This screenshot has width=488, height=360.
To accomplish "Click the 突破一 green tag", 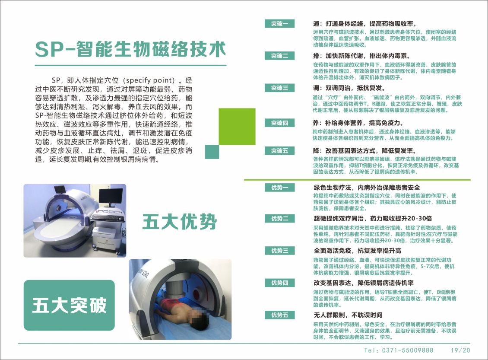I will pyautogui.click(x=279, y=24).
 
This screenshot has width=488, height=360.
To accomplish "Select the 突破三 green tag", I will pyautogui.click(x=279, y=88).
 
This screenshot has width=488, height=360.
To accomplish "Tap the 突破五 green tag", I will pyautogui.click(x=279, y=151).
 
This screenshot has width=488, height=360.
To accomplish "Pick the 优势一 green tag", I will pyautogui.click(x=279, y=188).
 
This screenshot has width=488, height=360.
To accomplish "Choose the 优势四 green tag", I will pyautogui.click(x=279, y=283).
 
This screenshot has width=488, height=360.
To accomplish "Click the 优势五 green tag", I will pyautogui.click(x=279, y=315).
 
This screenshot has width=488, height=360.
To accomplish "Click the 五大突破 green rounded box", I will pyautogui.click(x=69, y=306).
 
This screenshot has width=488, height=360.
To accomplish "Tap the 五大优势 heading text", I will pyautogui.click(x=180, y=223).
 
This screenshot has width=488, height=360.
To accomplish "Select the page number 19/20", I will pyautogui.click(x=460, y=350).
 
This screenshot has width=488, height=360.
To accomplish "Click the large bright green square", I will pyautogui.click(x=231, y=126).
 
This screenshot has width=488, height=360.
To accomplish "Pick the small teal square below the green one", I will pyautogui.click(x=212, y=152).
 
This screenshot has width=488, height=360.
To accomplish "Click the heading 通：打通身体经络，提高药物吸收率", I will pyautogui.click(x=365, y=23).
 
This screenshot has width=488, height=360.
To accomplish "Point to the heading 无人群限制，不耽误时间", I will pyautogui.click(x=348, y=315).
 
